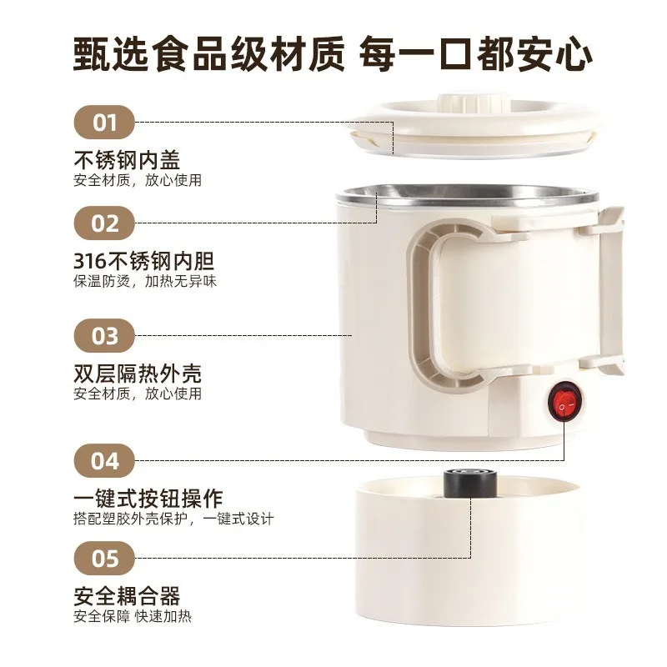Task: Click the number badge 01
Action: tap(104, 122)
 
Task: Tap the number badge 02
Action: tap(104, 223)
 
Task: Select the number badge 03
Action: tap(104, 336)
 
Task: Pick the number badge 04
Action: tap(104, 461)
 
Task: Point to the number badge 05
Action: tap(104, 558)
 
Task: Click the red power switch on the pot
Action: tap(564, 401)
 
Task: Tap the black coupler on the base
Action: tap(470, 484)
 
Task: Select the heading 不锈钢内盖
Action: tap(127, 160)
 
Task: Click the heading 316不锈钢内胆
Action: tap(143, 261)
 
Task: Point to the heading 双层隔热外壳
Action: tap(138, 374)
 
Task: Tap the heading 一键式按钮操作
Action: tap(148, 499)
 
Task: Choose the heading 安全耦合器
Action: tap(127, 596)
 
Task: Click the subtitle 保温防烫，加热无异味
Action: tap(145, 281)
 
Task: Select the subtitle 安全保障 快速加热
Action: tap(133, 616)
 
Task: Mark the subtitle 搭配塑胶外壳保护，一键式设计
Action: tap(173, 519)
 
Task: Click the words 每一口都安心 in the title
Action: tap(475, 54)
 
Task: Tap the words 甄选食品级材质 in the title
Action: tap(209, 54)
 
